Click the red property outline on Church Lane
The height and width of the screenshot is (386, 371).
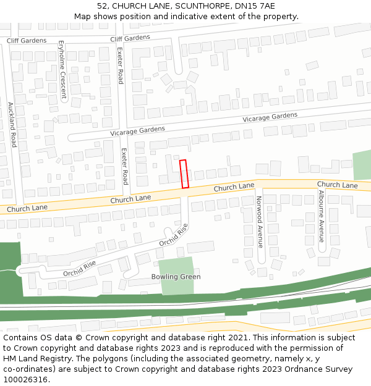(x=184, y=174)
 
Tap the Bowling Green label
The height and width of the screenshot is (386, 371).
(x=176, y=277)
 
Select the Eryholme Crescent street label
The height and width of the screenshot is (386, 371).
(x=62, y=70)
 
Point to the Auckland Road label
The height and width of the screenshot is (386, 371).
(x=12, y=125)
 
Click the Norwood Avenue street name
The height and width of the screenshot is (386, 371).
(x=260, y=222)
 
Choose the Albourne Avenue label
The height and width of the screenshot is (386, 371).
(x=321, y=216)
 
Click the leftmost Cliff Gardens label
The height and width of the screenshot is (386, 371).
(x=27, y=41)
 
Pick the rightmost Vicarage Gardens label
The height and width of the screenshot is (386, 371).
(x=270, y=117)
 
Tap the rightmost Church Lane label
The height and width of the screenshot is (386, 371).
(x=337, y=185)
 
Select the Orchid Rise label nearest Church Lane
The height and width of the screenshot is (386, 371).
(x=173, y=235)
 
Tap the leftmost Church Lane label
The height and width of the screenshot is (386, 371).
(x=27, y=209)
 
